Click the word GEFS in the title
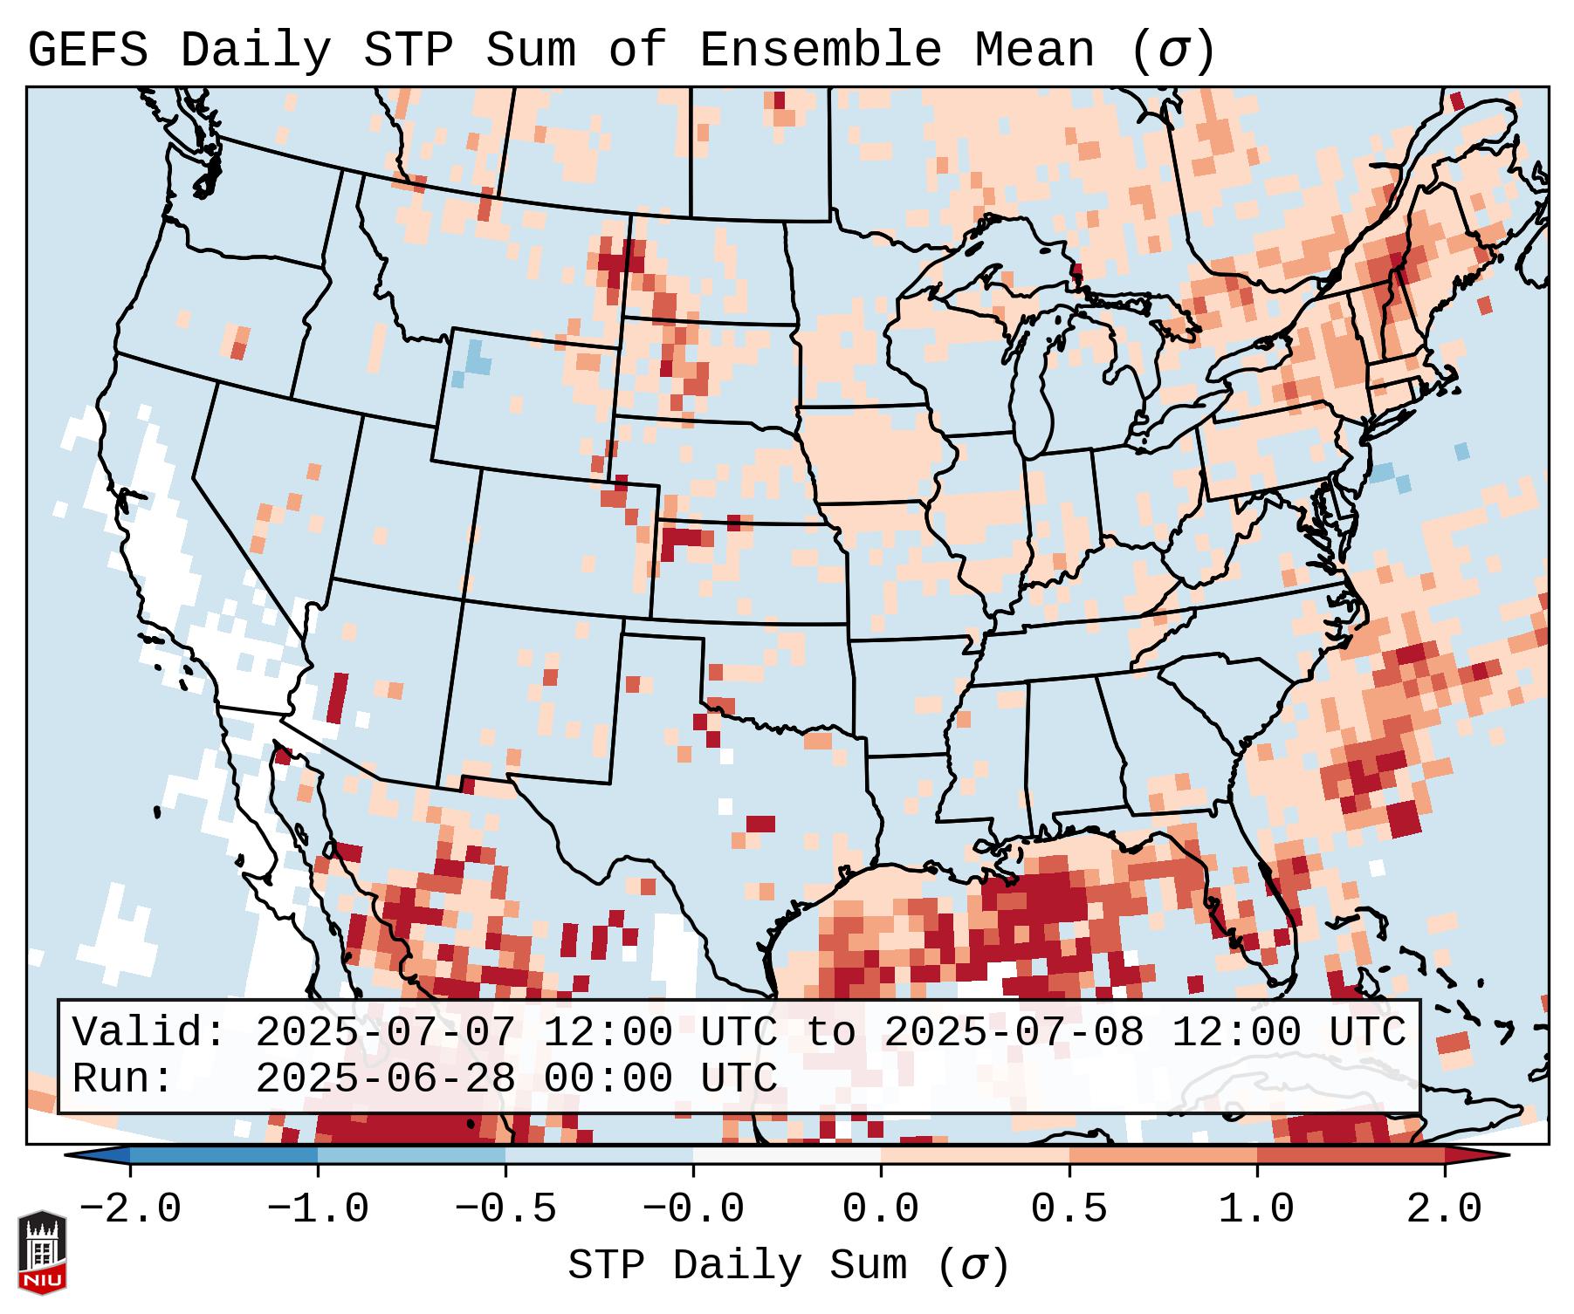pos(88,51)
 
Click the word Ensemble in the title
pos(821,51)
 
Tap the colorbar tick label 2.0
pos(1444,1209)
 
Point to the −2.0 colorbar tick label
pos(130,1209)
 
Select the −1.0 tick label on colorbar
pos(318,1209)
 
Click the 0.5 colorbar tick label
pos(1069,1209)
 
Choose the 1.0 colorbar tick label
pos(1256,1209)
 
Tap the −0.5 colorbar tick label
pos(505,1209)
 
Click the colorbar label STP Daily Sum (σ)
pos(788,1266)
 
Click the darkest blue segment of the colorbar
pos(223,1155)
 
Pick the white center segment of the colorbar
pos(787,1155)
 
